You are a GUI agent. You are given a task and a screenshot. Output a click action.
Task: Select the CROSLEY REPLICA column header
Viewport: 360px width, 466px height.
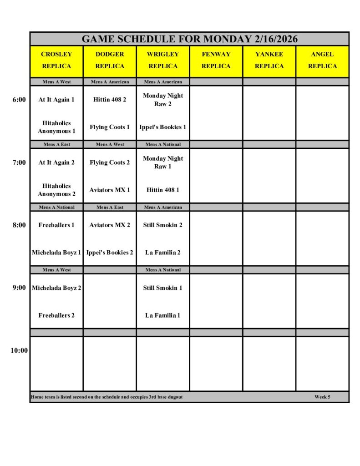coord(56,60)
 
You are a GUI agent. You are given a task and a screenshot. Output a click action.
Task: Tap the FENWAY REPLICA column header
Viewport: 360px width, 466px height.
coord(216,60)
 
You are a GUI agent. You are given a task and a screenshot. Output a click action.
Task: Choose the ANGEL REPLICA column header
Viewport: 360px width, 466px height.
coord(322,60)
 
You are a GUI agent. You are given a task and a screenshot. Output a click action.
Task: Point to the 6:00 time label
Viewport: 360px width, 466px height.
coord(19,100)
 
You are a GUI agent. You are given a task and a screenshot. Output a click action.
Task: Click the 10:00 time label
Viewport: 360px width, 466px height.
coord(19,350)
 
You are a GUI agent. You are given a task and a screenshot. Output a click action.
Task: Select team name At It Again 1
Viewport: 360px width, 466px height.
coord(56,100)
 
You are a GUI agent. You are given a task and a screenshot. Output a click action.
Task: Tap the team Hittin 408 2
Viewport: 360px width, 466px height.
coord(110,100)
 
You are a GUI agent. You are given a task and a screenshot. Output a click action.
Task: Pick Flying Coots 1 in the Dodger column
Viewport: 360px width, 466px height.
coord(110,127)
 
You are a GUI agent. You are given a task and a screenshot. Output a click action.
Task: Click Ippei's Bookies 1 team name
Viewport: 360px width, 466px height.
coord(163,127)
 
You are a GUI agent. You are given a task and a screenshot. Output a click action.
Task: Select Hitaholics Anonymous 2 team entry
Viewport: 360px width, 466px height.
coord(56,190)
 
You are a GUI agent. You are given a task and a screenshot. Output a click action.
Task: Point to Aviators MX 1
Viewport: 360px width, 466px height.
coord(110,190)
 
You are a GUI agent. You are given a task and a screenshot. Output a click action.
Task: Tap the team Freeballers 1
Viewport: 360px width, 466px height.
coord(56,225)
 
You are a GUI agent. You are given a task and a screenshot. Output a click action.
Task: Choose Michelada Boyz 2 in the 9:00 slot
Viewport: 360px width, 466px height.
coord(56,288)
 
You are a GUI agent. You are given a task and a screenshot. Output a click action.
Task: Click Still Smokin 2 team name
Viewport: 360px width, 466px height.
coord(163,225)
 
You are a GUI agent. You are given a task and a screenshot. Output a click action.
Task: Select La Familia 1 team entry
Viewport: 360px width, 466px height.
coord(163,315)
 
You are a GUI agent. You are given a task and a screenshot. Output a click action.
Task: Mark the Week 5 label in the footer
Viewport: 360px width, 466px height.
coord(322,397)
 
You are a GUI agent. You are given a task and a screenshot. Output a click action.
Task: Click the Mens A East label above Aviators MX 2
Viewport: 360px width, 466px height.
coord(110,207)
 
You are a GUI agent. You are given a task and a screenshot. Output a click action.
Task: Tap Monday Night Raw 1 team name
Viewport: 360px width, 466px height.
coord(163,162)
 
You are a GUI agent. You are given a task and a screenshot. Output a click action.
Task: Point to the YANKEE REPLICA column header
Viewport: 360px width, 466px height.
coord(269,60)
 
